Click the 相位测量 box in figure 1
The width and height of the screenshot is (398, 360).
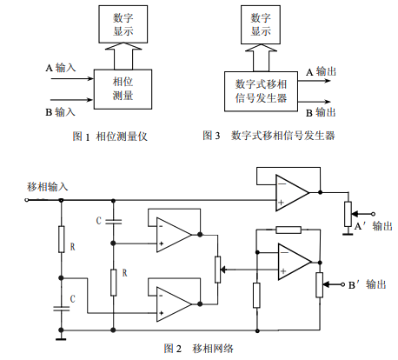123,89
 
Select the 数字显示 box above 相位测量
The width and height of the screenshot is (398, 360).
123,24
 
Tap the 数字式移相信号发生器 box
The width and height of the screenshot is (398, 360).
261,91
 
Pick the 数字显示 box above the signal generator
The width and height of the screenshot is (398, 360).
261,24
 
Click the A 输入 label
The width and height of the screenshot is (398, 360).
61,68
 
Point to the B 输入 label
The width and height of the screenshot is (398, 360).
61,112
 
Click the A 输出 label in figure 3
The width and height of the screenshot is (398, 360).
322,71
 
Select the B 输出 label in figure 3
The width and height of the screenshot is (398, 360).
321,112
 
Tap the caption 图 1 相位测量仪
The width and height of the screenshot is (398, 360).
110,137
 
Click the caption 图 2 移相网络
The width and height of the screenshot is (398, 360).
199,349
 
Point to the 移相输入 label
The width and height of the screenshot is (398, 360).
48,187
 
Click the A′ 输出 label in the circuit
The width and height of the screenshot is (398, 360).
374,226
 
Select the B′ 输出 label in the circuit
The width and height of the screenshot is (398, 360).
368,284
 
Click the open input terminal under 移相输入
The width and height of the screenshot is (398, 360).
27,200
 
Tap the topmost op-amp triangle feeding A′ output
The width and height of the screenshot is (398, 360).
292,192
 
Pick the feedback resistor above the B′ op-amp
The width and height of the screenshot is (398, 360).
289,230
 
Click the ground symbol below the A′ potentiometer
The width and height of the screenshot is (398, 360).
348,233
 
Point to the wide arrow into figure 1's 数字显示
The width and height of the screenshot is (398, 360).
123,56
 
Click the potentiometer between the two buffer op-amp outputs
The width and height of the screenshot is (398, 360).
218,270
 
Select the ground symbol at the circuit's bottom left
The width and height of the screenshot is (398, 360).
61,337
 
